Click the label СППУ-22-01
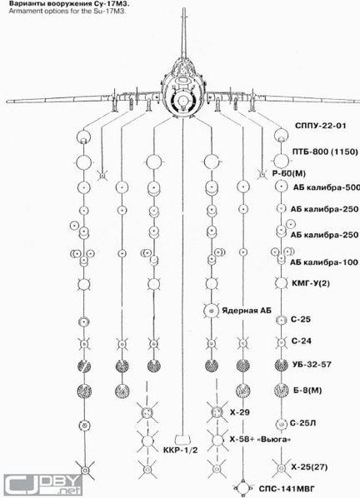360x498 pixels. tap(321, 126)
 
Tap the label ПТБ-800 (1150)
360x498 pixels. tap(325, 152)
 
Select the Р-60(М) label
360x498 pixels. tap(289, 173)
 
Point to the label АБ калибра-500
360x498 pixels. tap(327, 187)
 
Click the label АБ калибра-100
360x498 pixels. tap(324, 262)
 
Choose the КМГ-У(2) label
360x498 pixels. tap(311, 282)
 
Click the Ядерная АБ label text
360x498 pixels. tap(247, 311)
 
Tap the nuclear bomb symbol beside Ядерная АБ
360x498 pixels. tap(211, 311)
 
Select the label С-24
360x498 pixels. tap(301, 341)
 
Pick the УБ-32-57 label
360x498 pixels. tap(312, 364)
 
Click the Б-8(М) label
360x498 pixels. tap(307, 390)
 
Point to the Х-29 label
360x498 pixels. tap(239, 412)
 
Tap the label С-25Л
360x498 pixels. tap(302, 423)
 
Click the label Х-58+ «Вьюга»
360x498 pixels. tap(260, 440)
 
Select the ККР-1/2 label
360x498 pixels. tap(181, 450)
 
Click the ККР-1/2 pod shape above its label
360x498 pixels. tap(182, 439)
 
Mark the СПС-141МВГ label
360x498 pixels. tap(287, 489)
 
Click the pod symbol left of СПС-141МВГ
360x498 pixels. tap(243, 488)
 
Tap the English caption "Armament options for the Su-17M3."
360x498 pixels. tap(67, 11)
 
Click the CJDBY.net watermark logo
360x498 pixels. tap(42, 485)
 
